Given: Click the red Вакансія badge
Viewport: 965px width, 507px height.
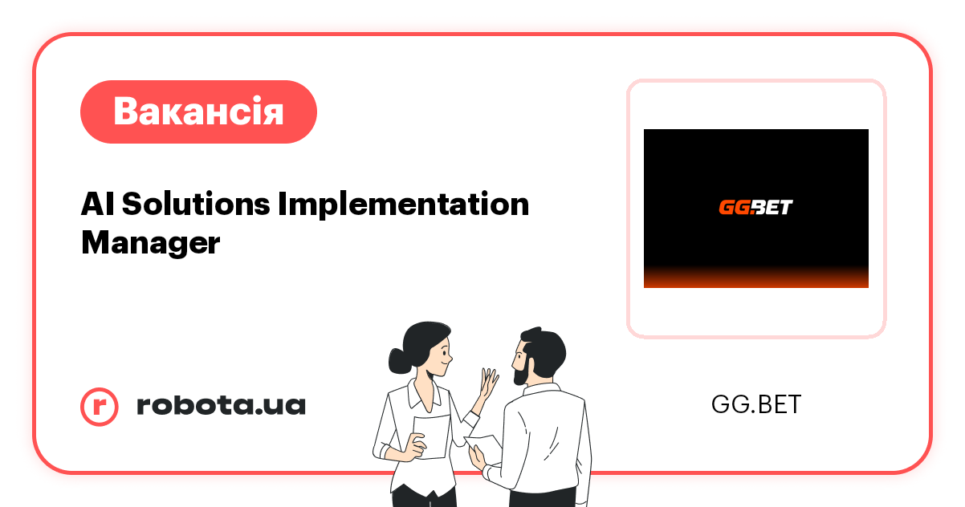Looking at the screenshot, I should (198, 112).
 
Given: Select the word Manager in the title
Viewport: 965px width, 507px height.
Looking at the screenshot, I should (150, 242).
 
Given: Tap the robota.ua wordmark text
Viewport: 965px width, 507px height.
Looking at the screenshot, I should (221, 405).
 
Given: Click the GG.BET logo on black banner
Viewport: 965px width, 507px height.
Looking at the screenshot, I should (755, 207).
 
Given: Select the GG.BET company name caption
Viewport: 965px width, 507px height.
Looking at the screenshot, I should (755, 404).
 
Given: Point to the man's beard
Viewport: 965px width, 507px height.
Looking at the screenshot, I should (521, 371).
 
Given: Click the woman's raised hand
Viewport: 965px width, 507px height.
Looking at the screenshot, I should (488, 384).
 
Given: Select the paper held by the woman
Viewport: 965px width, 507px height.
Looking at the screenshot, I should (431, 437).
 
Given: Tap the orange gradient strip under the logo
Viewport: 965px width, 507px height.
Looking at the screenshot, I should (755, 278).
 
